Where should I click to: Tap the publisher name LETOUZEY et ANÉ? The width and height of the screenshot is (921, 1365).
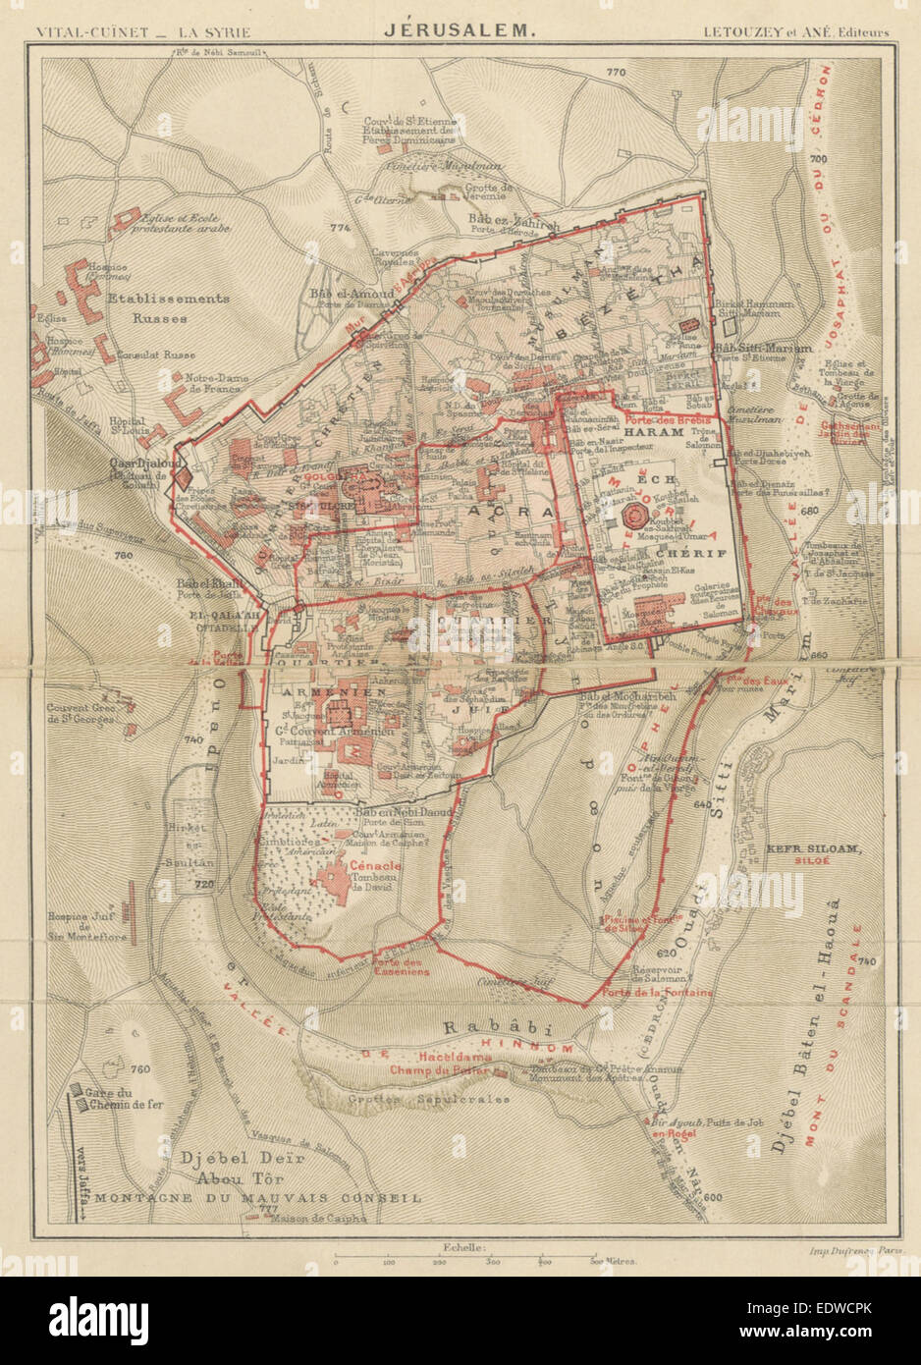795,31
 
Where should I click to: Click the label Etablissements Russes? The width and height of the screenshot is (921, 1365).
168,307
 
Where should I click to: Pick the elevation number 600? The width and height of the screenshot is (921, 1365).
713,1196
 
